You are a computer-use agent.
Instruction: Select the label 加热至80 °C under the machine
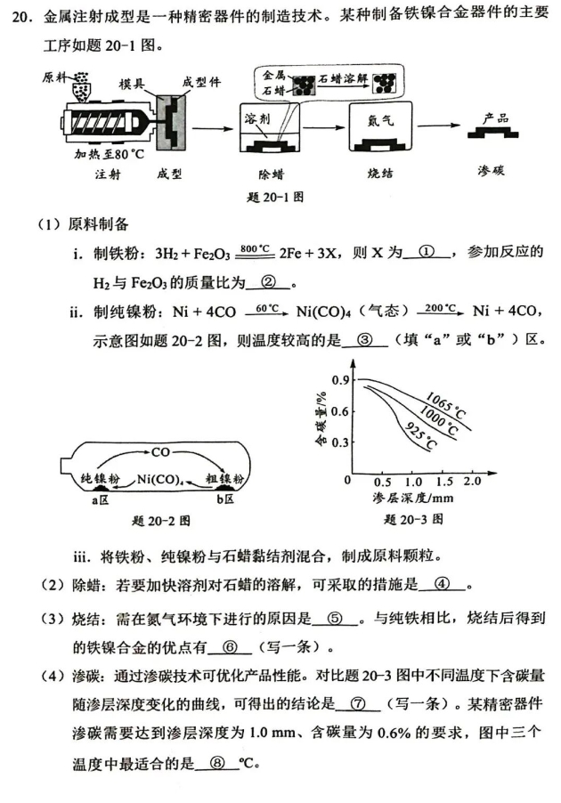click(x=106, y=154)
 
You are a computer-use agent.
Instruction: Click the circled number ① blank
click(x=430, y=252)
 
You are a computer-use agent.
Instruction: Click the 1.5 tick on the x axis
click(x=442, y=481)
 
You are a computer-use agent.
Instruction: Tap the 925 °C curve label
click(x=419, y=435)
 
